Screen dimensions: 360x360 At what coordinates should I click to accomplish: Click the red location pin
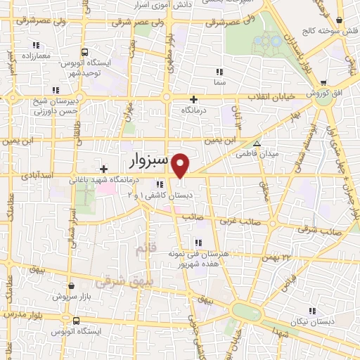coord(181,165)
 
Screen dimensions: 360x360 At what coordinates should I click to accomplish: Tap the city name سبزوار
coord(149,161)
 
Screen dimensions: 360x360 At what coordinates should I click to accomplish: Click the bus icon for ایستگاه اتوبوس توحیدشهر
coord(84,52)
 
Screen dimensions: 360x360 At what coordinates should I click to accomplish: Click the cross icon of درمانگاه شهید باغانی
coord(103,169)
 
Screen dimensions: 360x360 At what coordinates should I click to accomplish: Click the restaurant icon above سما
coord(219,71)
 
